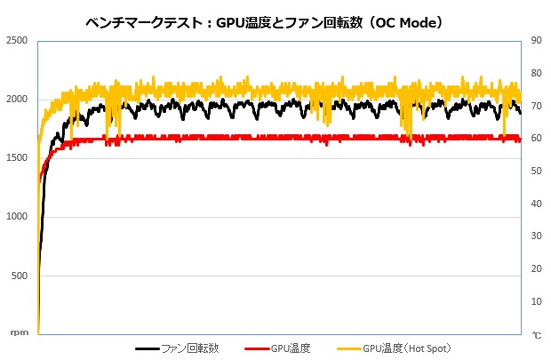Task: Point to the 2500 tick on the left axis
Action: coord(16,41)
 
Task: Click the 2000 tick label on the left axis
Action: coord(16,100)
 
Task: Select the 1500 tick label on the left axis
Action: coord(16,158)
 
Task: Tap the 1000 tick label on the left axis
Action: coord(16,217)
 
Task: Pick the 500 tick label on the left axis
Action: coord(19,276)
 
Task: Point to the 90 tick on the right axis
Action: coord(537,40)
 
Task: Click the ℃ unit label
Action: coord(537,335)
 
